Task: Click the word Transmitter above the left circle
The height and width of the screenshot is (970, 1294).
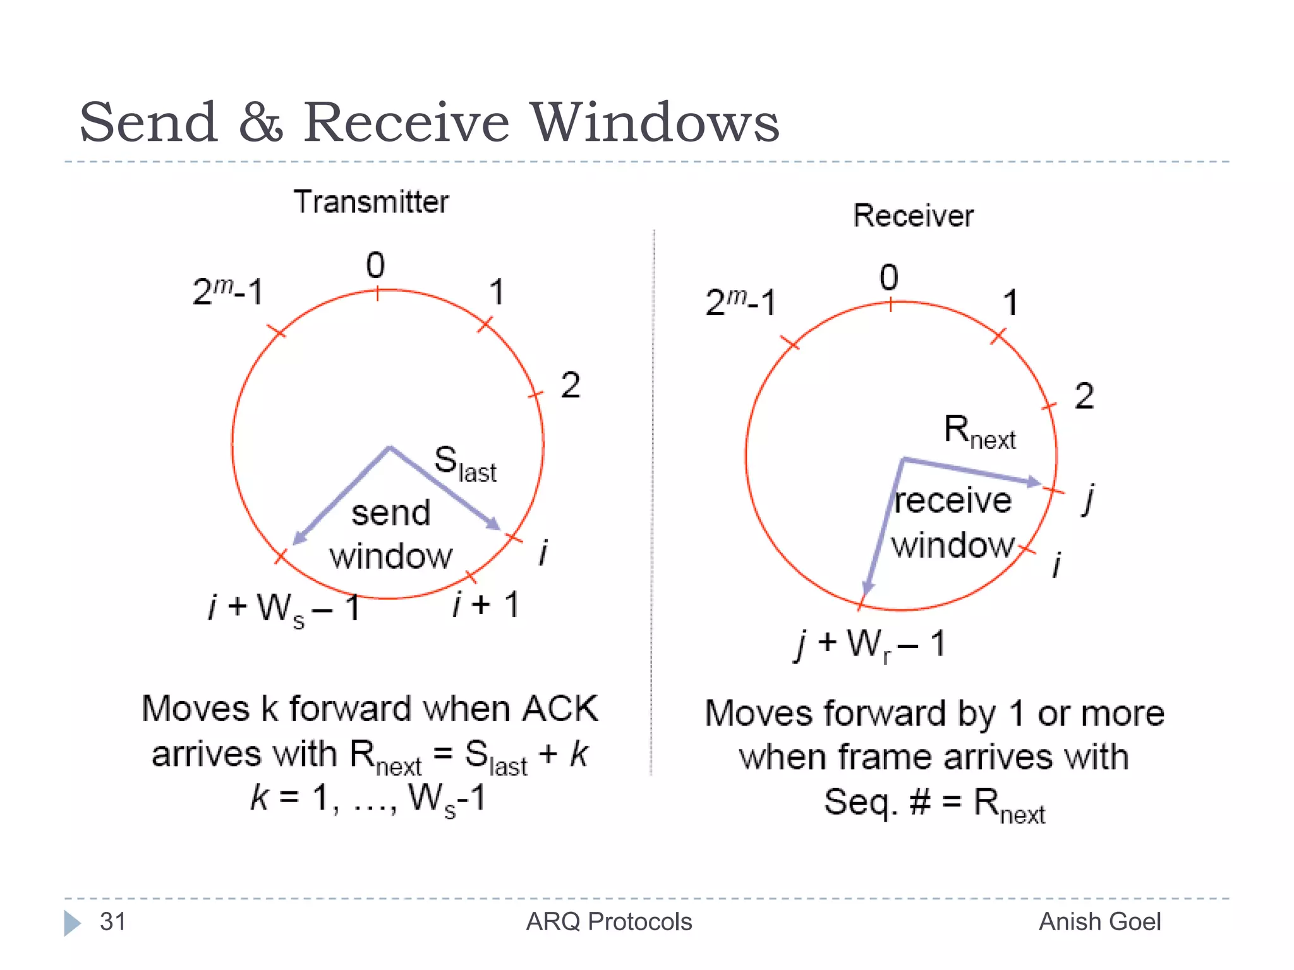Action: point(371,202)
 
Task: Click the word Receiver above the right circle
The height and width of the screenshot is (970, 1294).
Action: point(913,216)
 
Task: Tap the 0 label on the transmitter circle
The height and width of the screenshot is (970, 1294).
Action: point(375,265)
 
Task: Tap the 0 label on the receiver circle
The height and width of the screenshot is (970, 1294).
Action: point(888,278)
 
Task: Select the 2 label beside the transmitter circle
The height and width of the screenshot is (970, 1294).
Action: point(570,385)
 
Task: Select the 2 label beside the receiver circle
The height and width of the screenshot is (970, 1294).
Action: point(1084,397)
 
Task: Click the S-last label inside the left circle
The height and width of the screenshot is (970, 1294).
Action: point(464,464)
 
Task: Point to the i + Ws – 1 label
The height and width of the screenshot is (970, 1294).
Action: point(284,609)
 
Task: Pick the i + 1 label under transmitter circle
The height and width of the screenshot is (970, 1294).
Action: point(486,604)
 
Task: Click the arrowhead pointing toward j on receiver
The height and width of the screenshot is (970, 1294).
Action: point(1032,482)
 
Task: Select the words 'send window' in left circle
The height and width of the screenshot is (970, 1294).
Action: point(391,534)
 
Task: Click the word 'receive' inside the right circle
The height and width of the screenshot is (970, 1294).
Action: point(953,501)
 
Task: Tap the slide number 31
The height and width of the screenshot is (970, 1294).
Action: point(113,921)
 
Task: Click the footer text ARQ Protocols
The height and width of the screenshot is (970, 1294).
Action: point(608,921)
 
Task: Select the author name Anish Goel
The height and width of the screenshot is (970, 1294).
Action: point(1099,921)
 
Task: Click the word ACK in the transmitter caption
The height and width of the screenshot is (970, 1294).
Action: point(560,709)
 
